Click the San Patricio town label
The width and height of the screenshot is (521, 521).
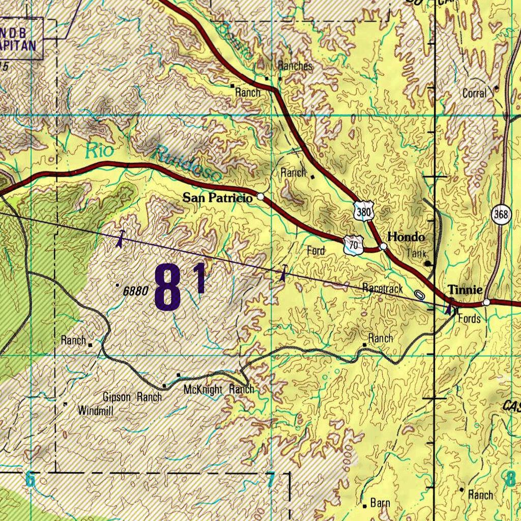(217, 198)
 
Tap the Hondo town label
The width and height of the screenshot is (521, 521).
(406, 237)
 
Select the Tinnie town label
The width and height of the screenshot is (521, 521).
(465, 290)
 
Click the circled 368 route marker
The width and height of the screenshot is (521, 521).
(501, 215)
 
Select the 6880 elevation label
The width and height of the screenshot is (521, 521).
(135, 291)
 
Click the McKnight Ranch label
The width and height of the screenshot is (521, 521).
(218, 390)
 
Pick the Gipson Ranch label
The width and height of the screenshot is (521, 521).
(132, 397)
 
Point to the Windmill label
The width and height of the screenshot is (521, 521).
(95, 410)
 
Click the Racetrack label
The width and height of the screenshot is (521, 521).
(383, 288)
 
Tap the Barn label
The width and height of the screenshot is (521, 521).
(380, 503)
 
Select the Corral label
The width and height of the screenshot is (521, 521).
(474, 93)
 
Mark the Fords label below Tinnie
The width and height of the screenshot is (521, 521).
(469, 319)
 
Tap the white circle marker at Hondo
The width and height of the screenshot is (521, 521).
(384, 247)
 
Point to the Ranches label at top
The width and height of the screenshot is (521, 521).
(295, 66)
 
